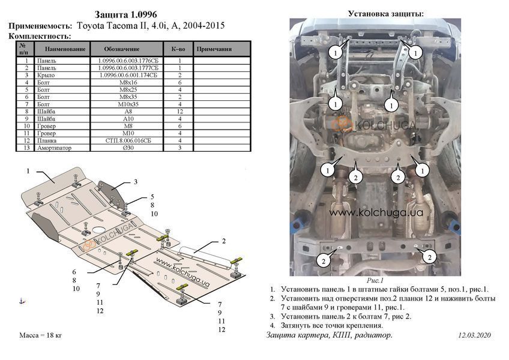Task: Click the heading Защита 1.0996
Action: point(125,14)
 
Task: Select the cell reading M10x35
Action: point(128,104)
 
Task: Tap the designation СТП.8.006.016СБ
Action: point(128,140)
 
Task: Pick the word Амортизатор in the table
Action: point(54,148)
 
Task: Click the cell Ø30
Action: point(128,148)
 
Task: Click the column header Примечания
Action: point(214,49)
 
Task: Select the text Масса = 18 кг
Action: point(41,335)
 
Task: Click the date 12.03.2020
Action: point(474,335)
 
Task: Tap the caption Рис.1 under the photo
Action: point(375,280)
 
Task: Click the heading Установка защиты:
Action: point(385,14)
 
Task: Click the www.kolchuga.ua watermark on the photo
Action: point(376,212)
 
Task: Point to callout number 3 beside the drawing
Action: point(136,182)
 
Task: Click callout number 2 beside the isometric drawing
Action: point(224,241)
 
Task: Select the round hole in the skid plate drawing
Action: point(98,230)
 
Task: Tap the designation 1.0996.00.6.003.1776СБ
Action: point(128,61)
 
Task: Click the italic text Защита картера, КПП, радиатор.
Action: point(329,335)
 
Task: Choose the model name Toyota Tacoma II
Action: point(112,26)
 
